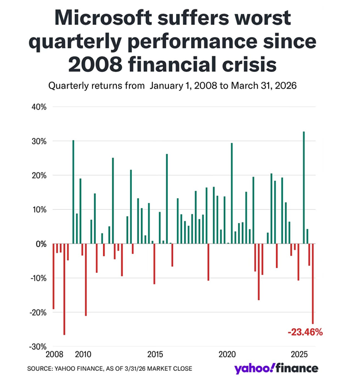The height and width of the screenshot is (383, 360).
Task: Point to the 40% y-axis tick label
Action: point(39,107)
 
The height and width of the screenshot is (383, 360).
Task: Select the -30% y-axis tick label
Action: point(38,346)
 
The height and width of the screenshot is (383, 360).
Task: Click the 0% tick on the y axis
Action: point(41,244)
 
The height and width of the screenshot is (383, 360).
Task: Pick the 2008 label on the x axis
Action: point(54,354)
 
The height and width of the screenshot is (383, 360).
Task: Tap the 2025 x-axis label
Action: point(300,354)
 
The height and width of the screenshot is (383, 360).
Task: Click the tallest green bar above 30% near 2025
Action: point(304,188)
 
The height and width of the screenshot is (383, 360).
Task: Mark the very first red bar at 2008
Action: point(54,276)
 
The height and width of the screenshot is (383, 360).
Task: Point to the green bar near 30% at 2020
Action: point(232,193)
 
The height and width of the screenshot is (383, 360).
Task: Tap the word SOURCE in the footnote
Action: point(40,369)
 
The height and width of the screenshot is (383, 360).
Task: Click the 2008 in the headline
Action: point(91,65)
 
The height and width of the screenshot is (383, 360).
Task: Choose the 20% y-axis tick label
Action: point(39,175)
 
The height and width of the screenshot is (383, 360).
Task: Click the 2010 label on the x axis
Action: point(83,354)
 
